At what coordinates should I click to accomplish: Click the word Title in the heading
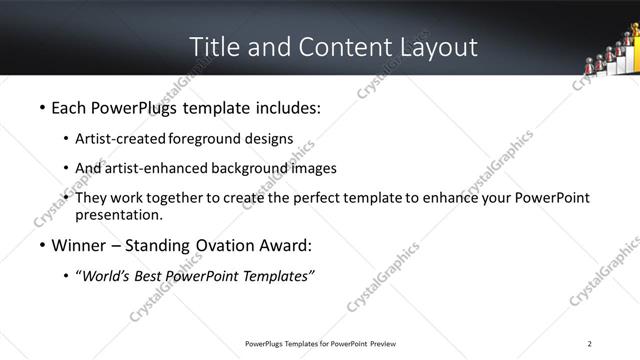212,47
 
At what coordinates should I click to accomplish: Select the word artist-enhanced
150,168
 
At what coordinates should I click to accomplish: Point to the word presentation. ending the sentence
118,215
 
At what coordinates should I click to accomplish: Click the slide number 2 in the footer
590,344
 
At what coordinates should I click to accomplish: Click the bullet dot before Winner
41,246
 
